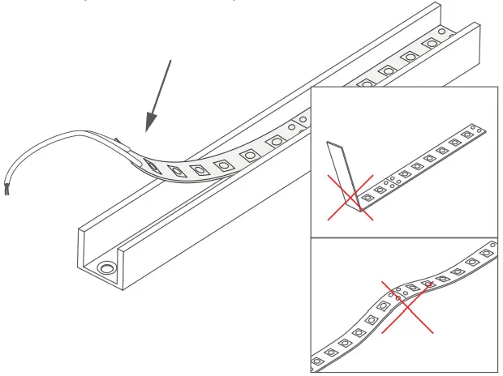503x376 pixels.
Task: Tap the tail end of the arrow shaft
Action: (170, 61)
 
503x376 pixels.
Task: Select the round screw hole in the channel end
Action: (105, 267)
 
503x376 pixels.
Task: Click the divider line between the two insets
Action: (406, 237)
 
